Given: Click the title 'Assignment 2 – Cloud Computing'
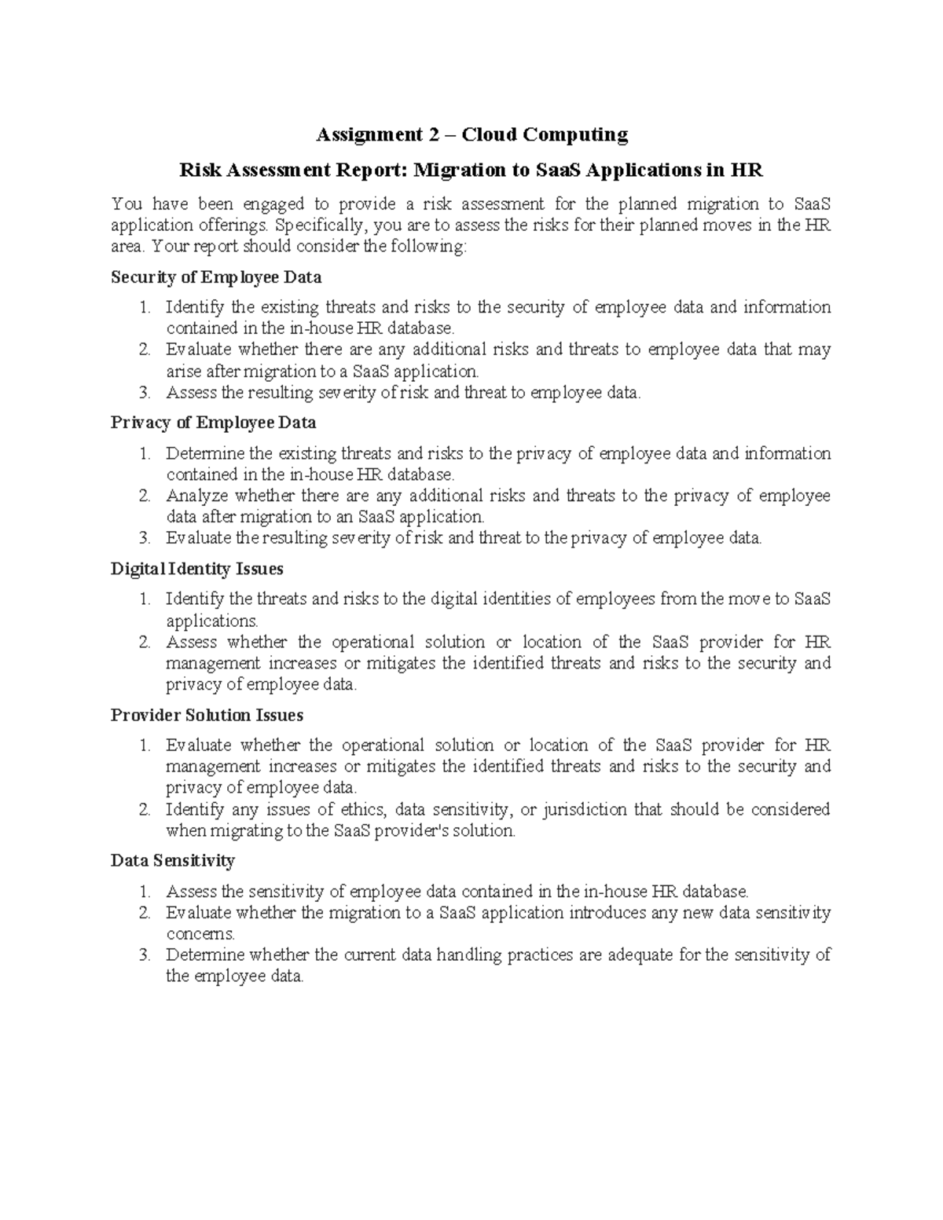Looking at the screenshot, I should (472, 135).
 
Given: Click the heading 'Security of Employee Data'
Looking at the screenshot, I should (216, 277).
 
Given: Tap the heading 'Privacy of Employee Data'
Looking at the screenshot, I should (213, 423).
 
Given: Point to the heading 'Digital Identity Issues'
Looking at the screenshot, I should (196, 569).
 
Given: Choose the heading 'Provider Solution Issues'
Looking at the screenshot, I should (207, 716).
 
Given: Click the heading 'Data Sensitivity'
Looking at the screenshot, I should (172, 861).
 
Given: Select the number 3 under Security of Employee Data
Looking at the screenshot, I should (144, 393).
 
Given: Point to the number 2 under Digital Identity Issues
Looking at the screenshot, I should (144, 643).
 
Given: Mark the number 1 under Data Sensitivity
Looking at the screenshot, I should (144, 892).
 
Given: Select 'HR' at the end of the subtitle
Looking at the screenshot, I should (747, 170).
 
